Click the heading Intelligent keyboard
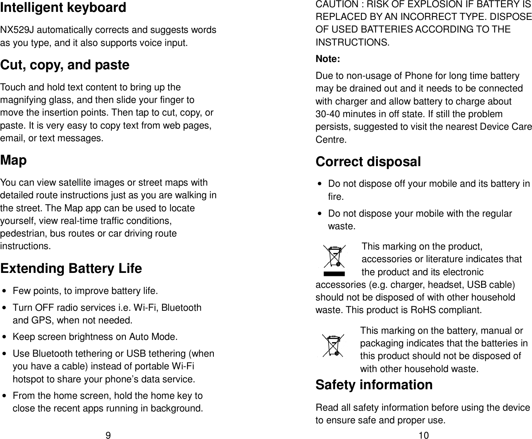tap(63, 8)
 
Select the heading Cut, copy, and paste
tap(65, 65)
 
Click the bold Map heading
tap(14, 160)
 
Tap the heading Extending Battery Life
tap(71, 269)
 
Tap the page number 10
tap(423, 435)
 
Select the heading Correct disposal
tap(368, 162)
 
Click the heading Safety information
tap(374, 385)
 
